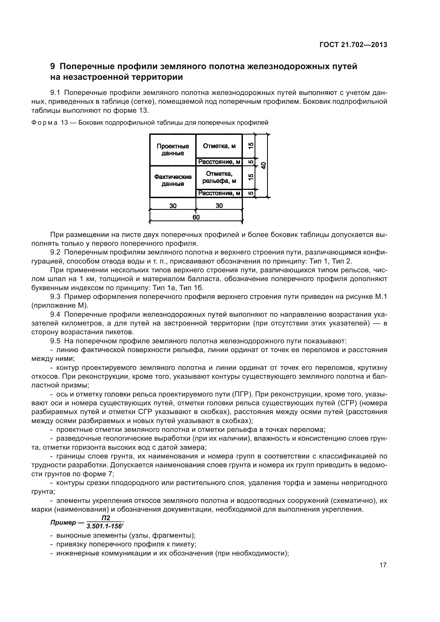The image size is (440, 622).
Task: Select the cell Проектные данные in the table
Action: [173, 150]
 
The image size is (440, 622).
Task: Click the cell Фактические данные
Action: [173, 180]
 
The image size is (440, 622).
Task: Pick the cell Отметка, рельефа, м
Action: [219, 177]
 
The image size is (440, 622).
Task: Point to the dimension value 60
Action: [196, 217]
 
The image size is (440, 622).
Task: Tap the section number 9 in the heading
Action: [53, 67]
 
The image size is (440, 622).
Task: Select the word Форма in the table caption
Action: [44, 123]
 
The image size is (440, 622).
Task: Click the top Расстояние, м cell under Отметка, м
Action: [219, 162]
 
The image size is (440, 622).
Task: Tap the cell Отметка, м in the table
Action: [219, 146]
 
